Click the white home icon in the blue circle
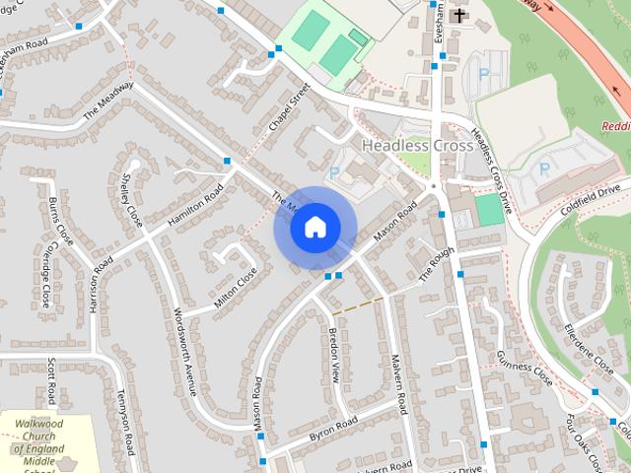[x=315, y=228]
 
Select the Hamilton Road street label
[x=196, y=205]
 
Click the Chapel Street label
[x=289, y=111]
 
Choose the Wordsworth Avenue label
[x=183, y=350]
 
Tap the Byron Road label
[x=332, y=429]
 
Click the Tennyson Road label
[x=125, y=422]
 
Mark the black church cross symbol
[x=457, y=15]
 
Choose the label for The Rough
[x=428, y=263]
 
